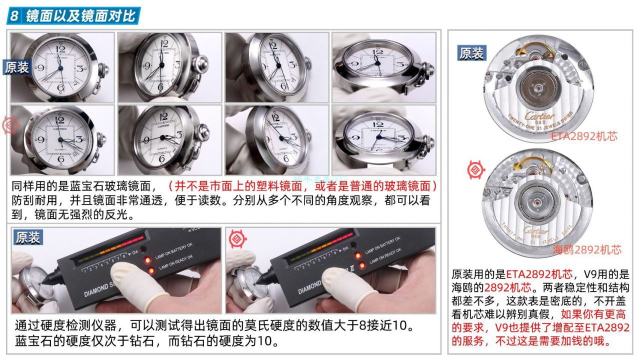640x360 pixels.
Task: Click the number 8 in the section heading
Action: coord(14,16)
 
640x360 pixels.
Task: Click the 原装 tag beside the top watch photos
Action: coord(17,68)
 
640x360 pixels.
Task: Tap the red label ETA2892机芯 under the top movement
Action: coord(584,136)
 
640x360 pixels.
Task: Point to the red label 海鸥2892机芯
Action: coord(586,249)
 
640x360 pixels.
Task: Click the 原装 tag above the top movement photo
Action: coord(471,53)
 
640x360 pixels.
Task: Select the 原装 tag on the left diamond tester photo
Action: coord(28,237)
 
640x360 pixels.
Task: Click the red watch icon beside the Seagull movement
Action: coord(475,170)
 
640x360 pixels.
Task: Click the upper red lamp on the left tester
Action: coord(148,261)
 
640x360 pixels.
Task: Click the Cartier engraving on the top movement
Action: coord(539,116)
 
